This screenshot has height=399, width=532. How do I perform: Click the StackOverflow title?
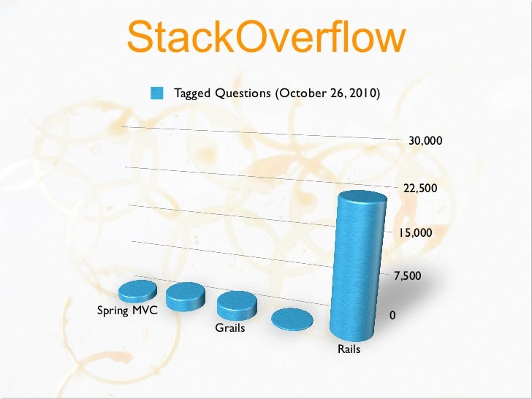click(265, 38)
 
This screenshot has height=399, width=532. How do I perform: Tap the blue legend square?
click(156, 94)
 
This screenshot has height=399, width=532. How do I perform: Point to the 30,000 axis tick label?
click(425, 140)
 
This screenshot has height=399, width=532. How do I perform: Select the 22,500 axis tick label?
click(420, 189)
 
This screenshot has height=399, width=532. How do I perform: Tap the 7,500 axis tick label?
click(408, 275)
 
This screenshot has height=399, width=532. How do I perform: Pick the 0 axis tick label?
click(392, 316)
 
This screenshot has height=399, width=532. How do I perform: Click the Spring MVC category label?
click(127, 311)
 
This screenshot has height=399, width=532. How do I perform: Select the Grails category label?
click(230, 328)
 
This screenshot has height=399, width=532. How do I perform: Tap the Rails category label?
click(349, 350)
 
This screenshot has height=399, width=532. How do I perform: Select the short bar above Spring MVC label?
click(137, 291)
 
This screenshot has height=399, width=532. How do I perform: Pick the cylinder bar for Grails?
click(237, 304)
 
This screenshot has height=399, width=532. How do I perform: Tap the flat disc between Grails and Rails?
click(292, 319)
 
